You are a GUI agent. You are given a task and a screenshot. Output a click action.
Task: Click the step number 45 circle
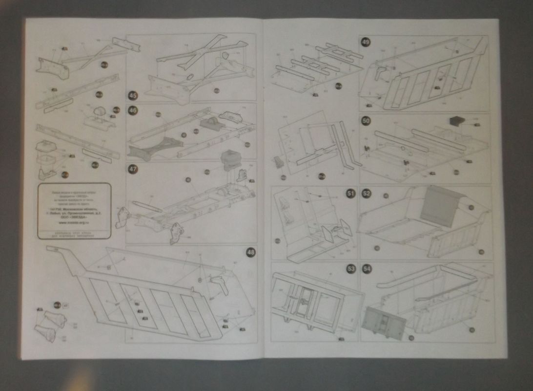tap(132, 95)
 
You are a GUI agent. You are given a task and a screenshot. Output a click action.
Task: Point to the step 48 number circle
tap(250, 252)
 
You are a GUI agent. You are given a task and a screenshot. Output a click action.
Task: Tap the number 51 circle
tap(350, 194)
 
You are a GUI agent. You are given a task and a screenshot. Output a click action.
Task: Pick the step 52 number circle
tap(366, 194)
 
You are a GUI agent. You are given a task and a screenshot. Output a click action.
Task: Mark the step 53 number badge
tap(350, 268)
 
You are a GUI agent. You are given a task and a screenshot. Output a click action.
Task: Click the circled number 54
tap(366, 268)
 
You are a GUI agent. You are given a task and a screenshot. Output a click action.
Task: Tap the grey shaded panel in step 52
tap(438, 206)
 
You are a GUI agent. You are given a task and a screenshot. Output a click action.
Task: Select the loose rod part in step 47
tap(147, 205)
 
